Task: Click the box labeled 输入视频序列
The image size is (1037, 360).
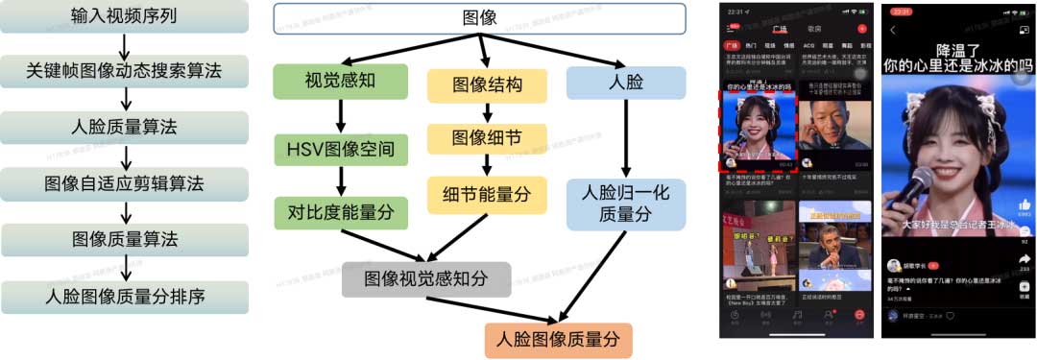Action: click(124, 17)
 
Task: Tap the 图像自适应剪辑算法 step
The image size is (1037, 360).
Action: click(124, 182)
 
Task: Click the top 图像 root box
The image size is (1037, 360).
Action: click(479, 18)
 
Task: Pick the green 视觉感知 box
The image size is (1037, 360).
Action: click(340, 82)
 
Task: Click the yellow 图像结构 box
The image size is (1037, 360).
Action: click(487, 85)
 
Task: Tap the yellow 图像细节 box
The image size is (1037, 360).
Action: click(487, 138)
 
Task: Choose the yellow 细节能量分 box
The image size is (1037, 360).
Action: click(487, 195)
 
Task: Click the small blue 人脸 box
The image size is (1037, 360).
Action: click(626, 83)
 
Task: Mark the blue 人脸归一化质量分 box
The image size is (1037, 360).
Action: click(626, 204)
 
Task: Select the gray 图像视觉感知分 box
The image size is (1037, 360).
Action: click(426, 279)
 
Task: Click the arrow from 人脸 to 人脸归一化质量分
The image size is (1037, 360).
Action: click(626, 138)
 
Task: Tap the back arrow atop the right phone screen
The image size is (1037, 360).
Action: click(894, 31)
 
